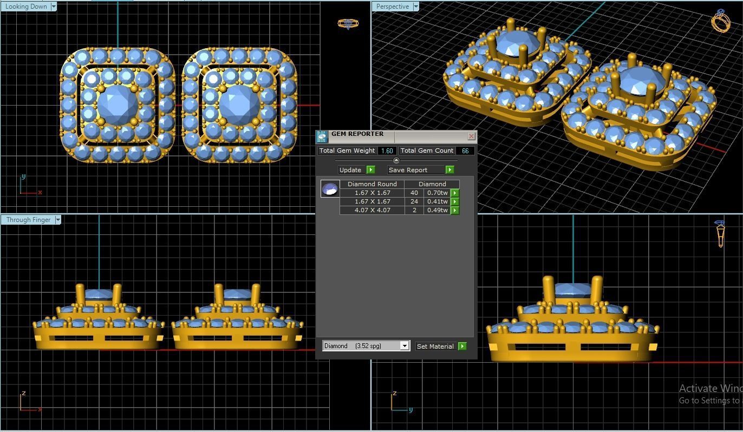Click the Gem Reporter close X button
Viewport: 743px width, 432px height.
click(471, 136)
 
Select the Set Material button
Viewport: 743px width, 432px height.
click(435, 346)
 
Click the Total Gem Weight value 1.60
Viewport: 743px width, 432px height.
click(387, 151)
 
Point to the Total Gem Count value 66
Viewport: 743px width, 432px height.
click(465, 151)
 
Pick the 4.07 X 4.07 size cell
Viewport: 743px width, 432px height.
click(372, 210)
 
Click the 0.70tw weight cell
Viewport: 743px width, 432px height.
click(437, 193)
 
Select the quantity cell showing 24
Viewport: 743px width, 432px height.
click(414, 201)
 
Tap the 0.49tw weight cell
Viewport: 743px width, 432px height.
click(437, 210)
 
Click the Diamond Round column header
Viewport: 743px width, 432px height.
click(372, 184)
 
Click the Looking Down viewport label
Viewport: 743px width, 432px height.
click(26, 6)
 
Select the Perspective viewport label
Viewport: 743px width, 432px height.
click(393, 6)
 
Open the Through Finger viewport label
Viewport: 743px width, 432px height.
click(28, 220)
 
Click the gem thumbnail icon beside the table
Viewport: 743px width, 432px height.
click(330, 189)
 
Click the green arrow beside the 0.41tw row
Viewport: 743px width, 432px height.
click(455, 201)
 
